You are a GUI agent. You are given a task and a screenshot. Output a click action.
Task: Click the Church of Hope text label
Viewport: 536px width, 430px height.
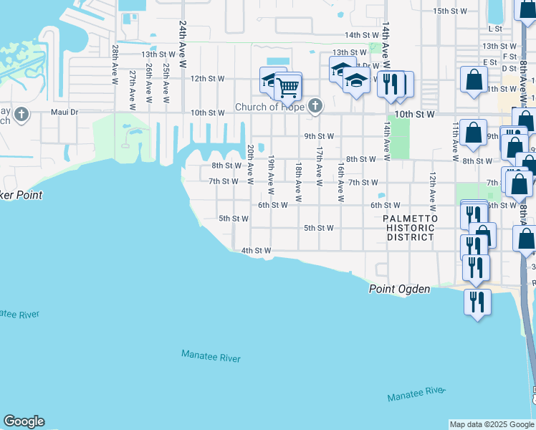[x=269, y=107]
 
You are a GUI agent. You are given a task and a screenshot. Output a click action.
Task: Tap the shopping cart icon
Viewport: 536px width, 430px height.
[x=287, y=88]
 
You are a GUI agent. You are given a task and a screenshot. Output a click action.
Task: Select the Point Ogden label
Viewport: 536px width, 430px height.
[x=399, y=289]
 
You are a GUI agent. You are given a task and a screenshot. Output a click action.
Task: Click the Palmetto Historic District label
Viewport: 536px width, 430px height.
[x=408, y=227]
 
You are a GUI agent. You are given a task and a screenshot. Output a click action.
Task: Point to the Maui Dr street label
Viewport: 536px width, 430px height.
[x=64, y=113]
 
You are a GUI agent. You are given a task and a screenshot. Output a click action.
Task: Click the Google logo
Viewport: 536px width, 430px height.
[x=24, y=421]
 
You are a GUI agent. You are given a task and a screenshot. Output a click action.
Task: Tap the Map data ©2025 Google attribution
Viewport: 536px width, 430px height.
[x=492, y=424]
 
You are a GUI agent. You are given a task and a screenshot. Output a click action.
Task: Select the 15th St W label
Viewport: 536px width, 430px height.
[x=450, y=11]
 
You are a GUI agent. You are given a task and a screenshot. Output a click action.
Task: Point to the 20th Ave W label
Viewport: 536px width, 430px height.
[x=251, y=164]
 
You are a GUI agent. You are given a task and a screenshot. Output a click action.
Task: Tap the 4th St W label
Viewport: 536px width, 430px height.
[x=256, y=251]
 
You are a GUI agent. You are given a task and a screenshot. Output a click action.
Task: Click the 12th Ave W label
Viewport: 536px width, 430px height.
[x=432, y=188]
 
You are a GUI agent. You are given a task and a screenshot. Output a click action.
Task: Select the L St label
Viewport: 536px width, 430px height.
[x=494, y=29]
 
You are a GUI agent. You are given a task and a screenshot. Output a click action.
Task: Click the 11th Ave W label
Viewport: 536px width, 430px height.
[x=455, y=140]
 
